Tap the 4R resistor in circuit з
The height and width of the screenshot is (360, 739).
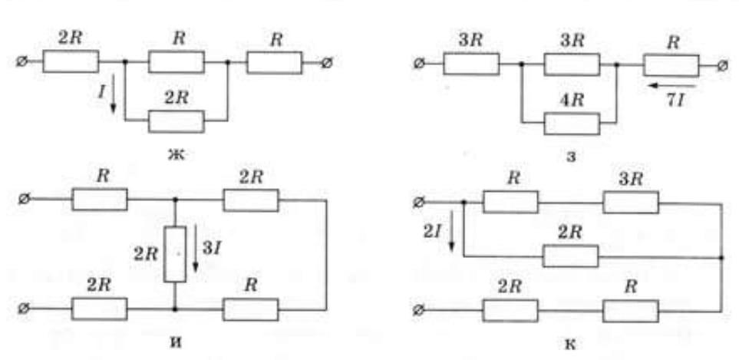[571, 123]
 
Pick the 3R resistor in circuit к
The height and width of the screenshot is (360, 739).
[630, 202]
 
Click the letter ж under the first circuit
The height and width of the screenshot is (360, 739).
[177, 155]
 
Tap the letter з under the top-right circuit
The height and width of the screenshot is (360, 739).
[569, 158]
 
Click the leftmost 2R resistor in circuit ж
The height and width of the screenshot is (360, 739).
[71, 61]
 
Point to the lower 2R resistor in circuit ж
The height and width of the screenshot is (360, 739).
[177, 121]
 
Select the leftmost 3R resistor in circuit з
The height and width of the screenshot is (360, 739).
[471, 64]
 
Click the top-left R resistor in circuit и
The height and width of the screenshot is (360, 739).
[99, 200]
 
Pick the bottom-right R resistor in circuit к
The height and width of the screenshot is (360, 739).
[630, 310]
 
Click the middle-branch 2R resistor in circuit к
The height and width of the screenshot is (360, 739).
[570, 256]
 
